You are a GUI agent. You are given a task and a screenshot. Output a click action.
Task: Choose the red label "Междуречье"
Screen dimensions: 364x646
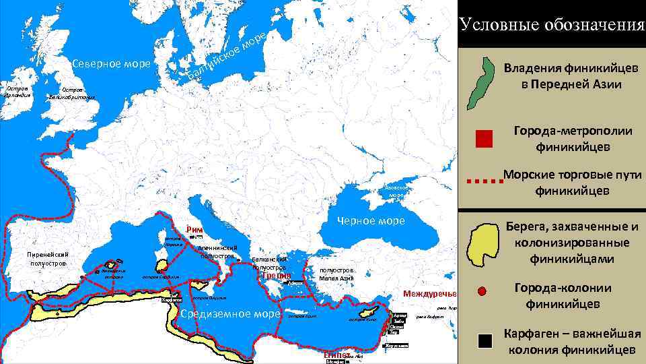pos(429,294)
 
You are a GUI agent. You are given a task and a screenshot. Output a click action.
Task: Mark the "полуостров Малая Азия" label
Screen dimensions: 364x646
pos(336,274)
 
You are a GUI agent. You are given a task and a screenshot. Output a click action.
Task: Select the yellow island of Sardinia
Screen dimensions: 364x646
pos(161,267)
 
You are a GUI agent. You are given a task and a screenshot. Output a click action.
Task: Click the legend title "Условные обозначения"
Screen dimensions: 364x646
pos(551,25)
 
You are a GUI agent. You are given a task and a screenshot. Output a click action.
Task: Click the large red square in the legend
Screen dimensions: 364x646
pos(484,139)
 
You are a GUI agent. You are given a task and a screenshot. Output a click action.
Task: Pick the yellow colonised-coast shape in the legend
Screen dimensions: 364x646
pos(484,243)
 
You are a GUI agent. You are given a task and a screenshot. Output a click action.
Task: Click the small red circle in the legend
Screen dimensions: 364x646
pos(481,292)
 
